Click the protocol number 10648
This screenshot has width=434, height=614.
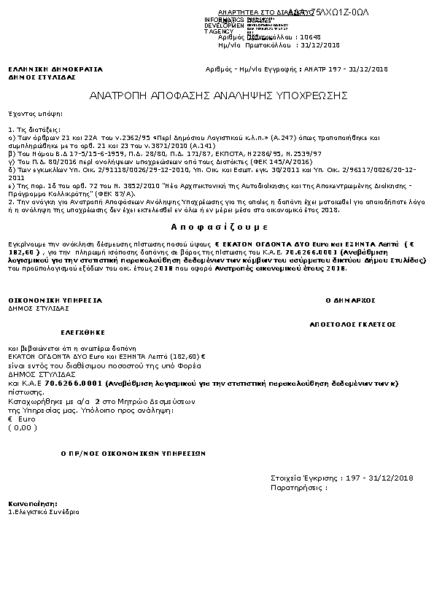point(331,36)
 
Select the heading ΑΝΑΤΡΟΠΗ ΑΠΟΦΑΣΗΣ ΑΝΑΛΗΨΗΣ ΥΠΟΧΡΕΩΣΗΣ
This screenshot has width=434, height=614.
point(217,96)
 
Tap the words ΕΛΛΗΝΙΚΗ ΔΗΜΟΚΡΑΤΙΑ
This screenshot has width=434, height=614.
point(55,69)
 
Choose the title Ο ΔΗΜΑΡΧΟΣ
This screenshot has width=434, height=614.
point(349,300)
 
